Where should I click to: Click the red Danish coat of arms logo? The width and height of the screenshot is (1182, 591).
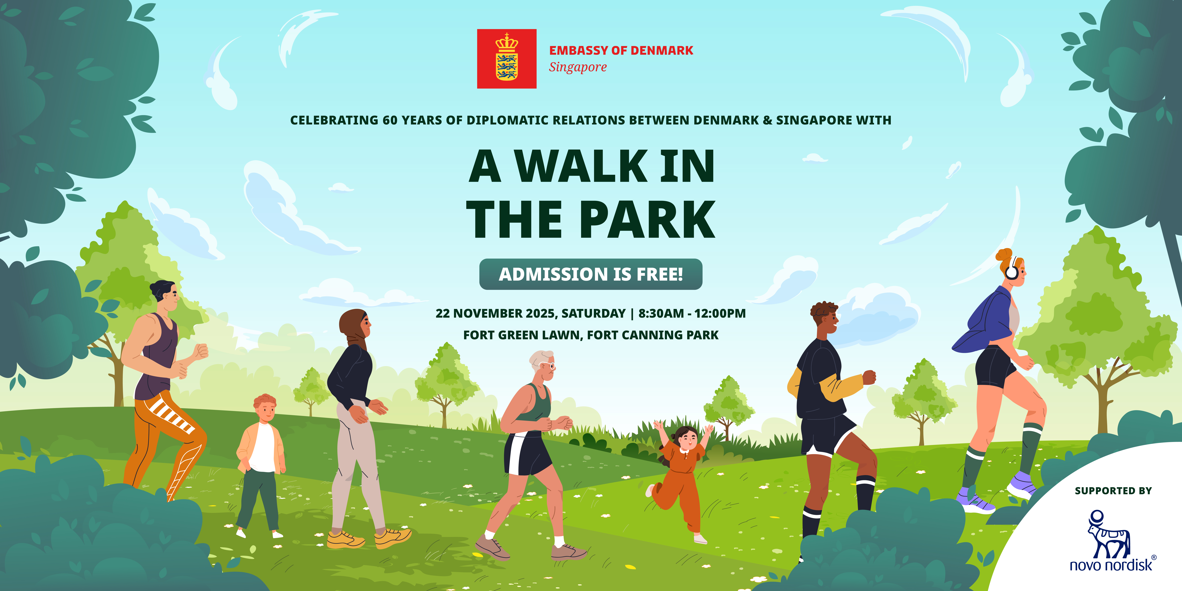click(x=507, y=59)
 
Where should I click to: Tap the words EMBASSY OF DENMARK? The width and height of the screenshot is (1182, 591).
click(x=621, y=50)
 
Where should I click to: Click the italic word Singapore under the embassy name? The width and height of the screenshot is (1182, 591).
click(x=578, y=67)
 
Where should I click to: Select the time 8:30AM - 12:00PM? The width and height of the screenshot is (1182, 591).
click(x=692, y=313)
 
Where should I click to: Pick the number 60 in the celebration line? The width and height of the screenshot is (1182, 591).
click(x=390, y=120)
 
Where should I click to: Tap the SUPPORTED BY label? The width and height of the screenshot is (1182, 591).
click(x=1113, y=491)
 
